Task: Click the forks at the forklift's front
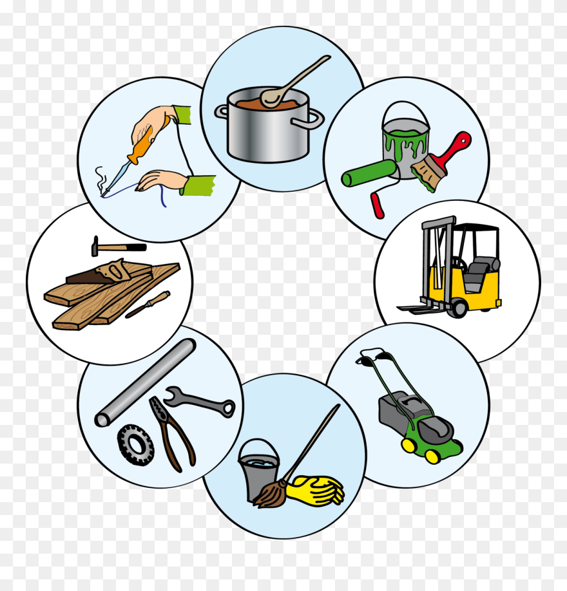[419, 308]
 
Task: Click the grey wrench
[200, 402]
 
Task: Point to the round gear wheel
[136, 445]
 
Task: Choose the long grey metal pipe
[145, 382]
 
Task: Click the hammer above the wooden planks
[116, 245]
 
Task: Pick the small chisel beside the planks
[148, 305]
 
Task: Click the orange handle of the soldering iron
[139, 145]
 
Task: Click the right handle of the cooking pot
[315, 118]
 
